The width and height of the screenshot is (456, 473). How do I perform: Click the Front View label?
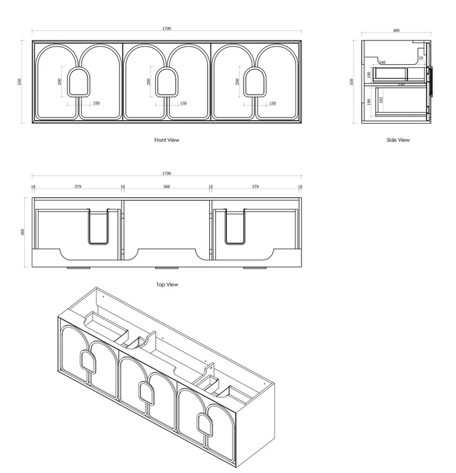(x=167, y=140)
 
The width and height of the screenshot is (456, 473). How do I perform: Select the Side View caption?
(x=398, y=140)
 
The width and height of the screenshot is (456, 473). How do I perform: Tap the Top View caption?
(x=167, y=284)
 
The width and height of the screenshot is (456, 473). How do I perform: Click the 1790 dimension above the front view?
(x=167, y=28)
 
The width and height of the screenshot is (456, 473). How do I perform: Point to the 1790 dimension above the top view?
(x=167, y=173)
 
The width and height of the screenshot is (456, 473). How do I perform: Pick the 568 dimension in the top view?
(x=167, y=186)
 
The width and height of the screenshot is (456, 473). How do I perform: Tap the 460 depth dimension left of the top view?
(x=23, y=232)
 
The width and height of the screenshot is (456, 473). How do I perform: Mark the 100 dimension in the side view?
(x=369, y=74)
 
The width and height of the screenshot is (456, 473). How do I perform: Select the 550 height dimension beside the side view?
(x=351, y=82)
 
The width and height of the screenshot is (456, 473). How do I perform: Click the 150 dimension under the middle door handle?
(x=183, y=103)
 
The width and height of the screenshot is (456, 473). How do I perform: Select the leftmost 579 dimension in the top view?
(x=78, y=186)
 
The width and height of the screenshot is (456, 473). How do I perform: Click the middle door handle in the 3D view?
(x=144, y=391)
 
